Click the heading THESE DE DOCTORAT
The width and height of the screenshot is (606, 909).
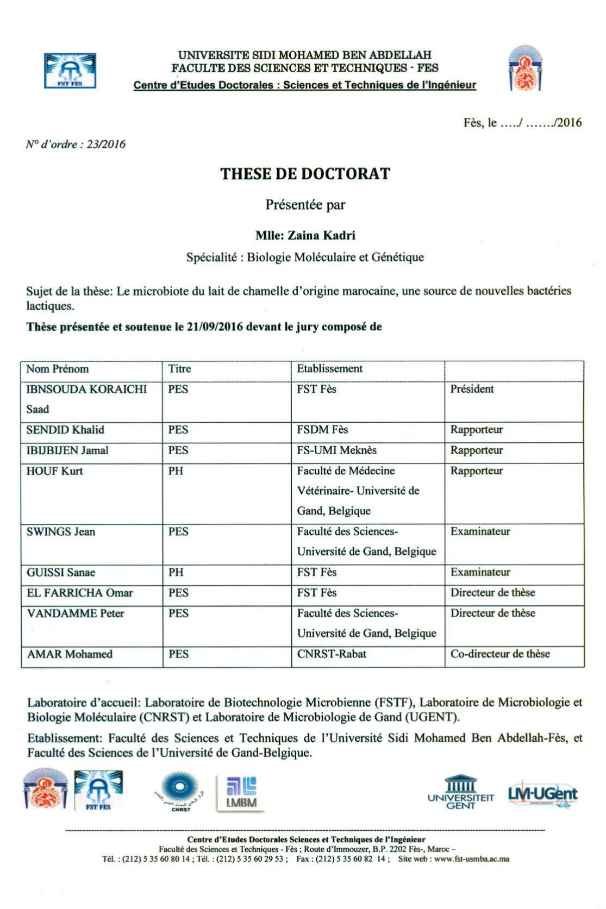pyautogui.click(x=305, y=174)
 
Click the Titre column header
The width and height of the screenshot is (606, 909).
pyautogui.click(x=180, y=369)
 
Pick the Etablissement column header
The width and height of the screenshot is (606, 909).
pyautogui.click(x=329, y=369)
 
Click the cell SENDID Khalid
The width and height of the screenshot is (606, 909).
pyautogui.click(x=65, y=430)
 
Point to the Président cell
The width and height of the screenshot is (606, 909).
pyautogui.click(x=472, y=389)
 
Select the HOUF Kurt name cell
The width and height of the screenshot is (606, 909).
pyautogui.click(x=54, y=471)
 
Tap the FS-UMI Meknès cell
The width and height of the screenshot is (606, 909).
pyautogui.click(x=336, y=450)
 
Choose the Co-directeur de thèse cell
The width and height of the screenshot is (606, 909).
pyautogui.click(x=500, y=654)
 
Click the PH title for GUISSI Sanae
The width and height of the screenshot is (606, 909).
pyautogui.click(x=176, y=573)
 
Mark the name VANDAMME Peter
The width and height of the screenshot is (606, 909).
pyautogui.click(x=76, y=613)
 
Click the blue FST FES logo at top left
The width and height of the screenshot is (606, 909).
pyautogui.click(x=70, y=71)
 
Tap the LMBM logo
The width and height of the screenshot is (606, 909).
pyautogui.click(x=241, y=793)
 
